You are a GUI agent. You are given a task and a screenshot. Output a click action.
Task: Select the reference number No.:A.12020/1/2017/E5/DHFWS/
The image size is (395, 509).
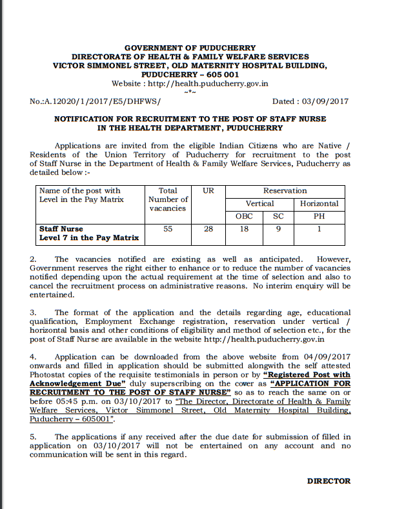[x=95, y=101]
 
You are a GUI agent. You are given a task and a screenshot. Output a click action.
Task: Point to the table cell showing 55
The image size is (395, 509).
[x=167, y=228]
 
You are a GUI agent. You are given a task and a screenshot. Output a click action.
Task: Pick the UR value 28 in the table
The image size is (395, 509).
[x=208, y=228]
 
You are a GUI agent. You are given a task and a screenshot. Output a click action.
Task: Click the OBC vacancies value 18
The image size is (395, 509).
[x=244, y=228]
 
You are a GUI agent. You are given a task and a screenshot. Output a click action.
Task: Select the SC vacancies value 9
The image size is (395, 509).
[x=278, y=228]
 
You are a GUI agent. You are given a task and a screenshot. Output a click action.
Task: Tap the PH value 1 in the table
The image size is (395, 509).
[x=319, y=228]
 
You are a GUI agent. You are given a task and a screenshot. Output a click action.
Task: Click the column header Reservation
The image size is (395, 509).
[x=285, y=191]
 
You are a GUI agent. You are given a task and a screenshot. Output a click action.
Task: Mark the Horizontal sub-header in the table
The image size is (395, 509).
[x=319, y=203]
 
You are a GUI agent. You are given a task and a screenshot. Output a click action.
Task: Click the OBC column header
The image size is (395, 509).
[x=244, y=215]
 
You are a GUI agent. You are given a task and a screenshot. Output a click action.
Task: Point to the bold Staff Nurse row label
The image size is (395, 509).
[x=63, y=228]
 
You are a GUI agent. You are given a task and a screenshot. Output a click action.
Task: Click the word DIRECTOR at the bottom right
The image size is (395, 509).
[x=329, y=481]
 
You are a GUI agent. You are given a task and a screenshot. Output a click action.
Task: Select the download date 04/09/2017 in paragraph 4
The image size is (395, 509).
[x=323, y=356]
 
